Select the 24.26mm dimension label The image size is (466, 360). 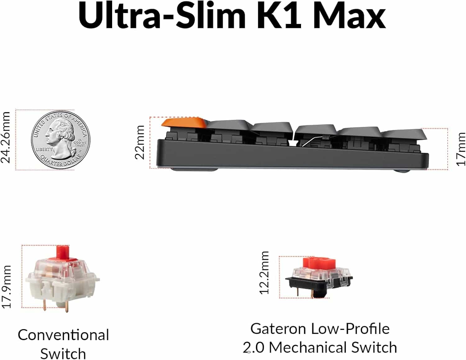click(6, 137)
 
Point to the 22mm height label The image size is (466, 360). click(140, 142)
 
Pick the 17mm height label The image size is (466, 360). click(460, 149)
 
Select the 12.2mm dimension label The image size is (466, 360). click(264, 273)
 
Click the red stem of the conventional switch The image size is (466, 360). click(62, 251)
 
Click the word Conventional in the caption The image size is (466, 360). click(63, 335)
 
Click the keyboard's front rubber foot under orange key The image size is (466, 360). click(194, 169)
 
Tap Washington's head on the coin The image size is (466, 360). click(59, 133)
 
